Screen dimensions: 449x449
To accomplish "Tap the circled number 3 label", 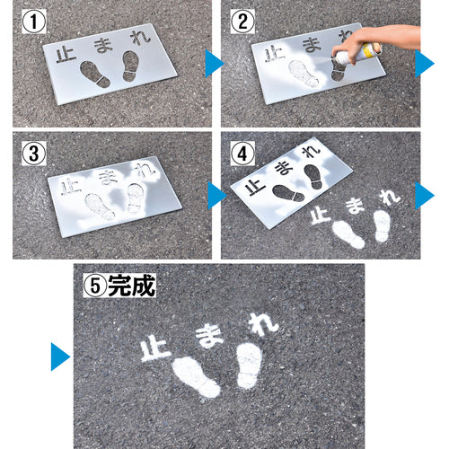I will pyautogui.click(x=32, y=154).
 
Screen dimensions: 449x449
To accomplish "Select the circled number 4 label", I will pyautogui.click(x=242, y=152).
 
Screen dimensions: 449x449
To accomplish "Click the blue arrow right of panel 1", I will pyautogui.click(x=214, y=63).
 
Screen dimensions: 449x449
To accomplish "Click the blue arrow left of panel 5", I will pyautogui.click(x=59, y=356).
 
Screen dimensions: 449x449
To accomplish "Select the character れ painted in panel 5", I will pyautogui.click(x=260, y=324).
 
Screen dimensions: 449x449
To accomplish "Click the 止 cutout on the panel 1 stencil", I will pyautogui.click(x=64, y=55).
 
